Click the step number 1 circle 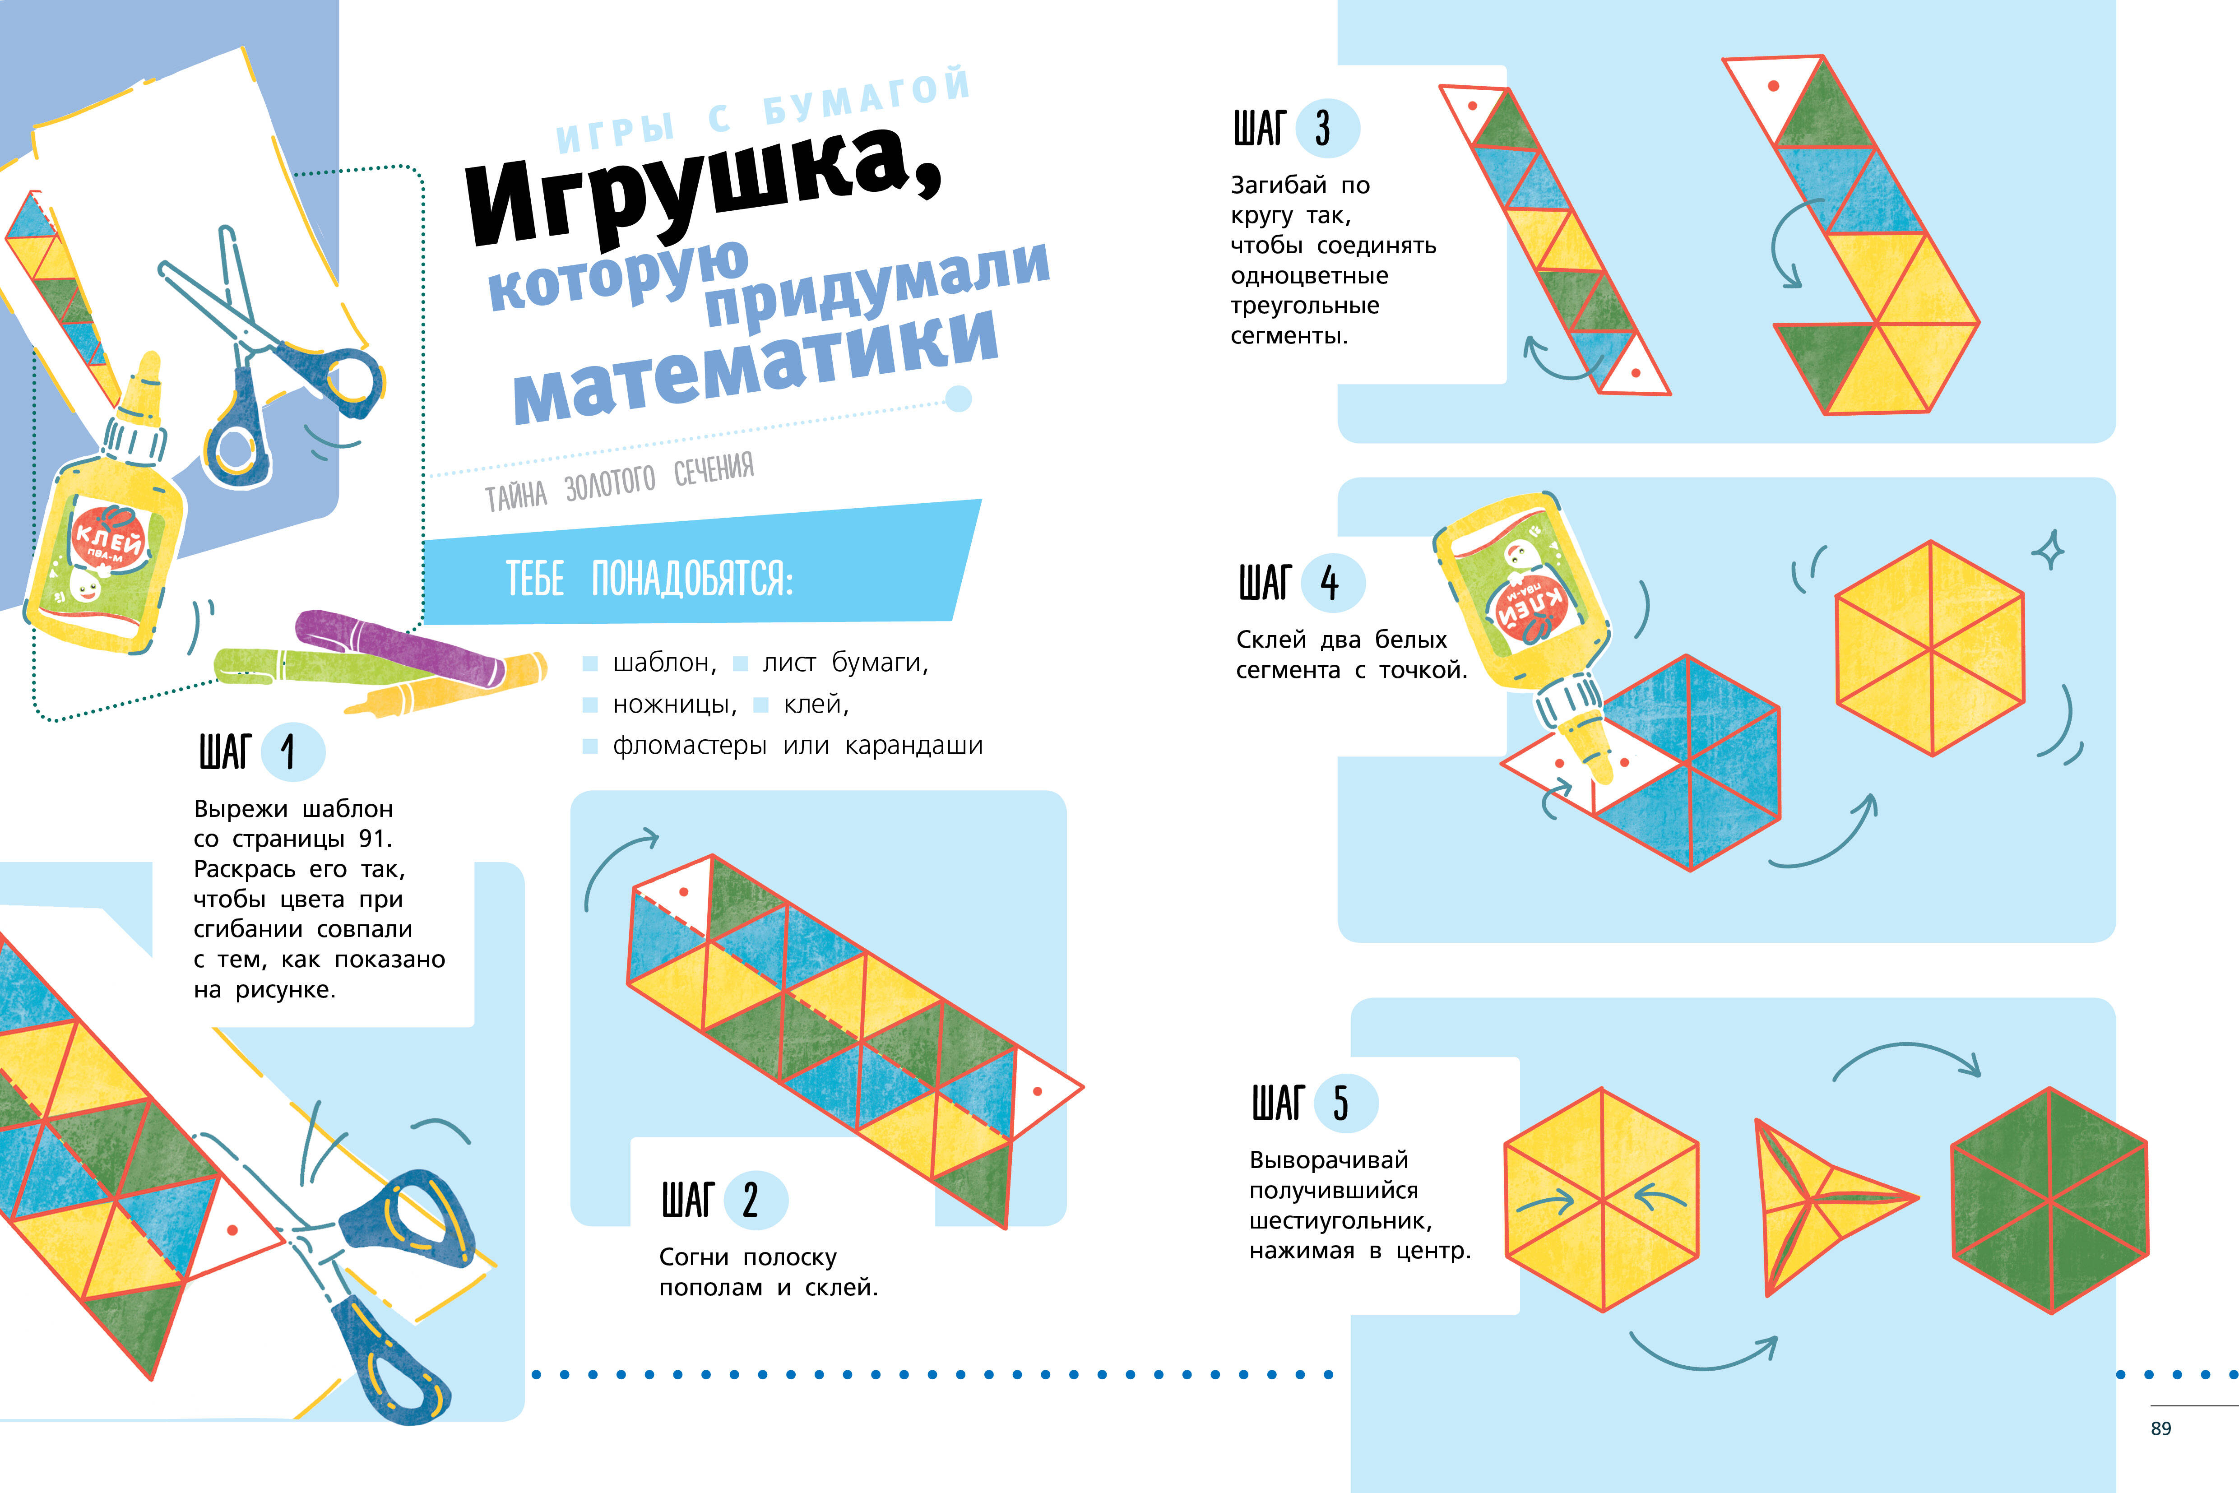[292, 752]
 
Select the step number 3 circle [1328, 129]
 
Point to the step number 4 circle [1334, 583]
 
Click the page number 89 [2161, 1428]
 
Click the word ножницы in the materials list [674, 705]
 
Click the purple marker [400, 648]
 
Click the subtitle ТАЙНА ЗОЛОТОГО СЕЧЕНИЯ [619, 482]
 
